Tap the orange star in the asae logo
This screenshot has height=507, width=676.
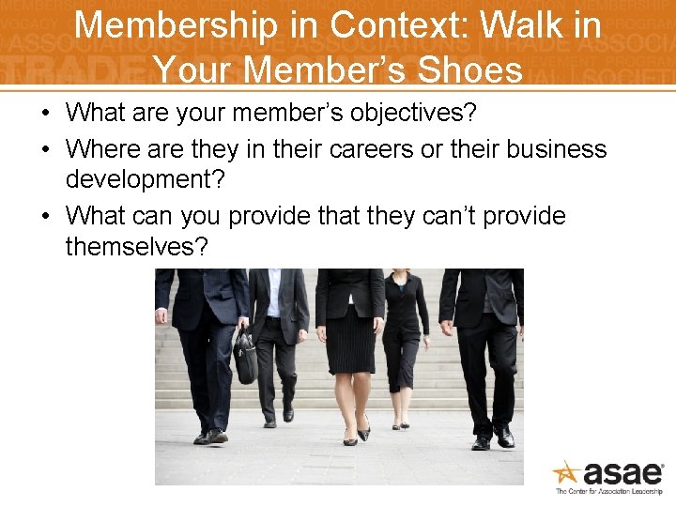pyautogui.click(x=566, y=473)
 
